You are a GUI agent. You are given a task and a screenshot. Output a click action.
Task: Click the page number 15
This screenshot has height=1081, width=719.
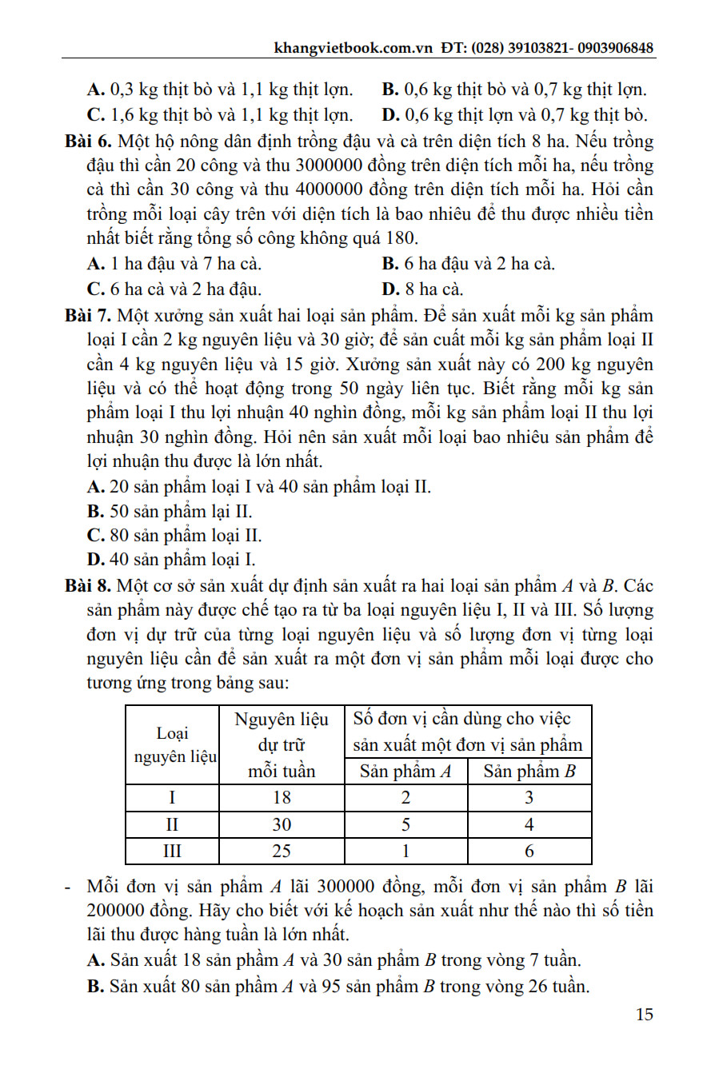(x=644, y=1015)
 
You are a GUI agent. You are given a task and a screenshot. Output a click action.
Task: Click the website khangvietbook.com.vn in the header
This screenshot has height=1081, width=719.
(x=353, y=47)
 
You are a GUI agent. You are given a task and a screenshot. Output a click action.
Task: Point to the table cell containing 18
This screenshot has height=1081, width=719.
(x=282, y=798)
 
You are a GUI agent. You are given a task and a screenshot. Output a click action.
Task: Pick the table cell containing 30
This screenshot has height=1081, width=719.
(x=282, y=824)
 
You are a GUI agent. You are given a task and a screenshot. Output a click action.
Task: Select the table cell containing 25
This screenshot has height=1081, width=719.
(x=282, y=851)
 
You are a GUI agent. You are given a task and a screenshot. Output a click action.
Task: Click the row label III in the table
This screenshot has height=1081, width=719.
(x=172, y=851)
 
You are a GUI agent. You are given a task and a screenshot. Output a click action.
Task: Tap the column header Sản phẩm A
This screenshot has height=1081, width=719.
(x=405, y=772)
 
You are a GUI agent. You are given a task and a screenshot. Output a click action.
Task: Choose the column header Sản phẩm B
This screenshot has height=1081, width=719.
(x=529, y=772)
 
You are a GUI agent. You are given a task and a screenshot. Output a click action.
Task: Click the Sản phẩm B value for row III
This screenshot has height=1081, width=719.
(x=529, y=851)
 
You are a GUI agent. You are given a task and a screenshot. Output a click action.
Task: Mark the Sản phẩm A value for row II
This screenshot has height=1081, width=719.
(x=405, y=824)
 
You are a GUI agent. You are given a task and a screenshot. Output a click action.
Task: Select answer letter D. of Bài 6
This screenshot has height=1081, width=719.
(x=391, y=289)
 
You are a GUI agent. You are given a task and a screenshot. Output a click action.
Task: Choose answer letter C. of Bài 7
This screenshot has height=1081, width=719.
(x=96, y=536)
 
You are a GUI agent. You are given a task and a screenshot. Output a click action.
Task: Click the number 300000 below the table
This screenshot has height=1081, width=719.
(x=357, y=887)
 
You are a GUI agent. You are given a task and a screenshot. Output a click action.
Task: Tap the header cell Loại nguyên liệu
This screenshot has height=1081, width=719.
(x=173, y=745)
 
